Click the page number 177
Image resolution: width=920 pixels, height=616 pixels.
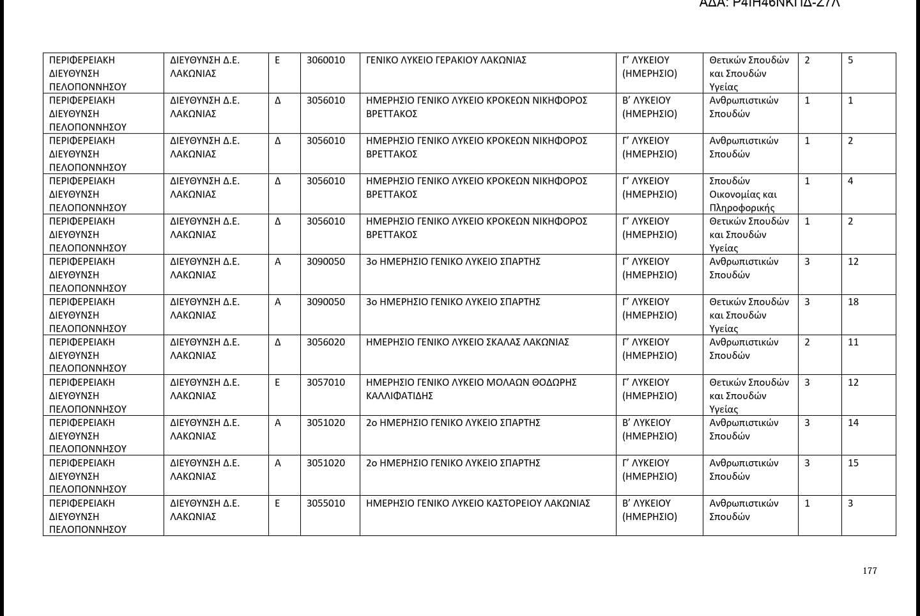pyautogui.click(x=870, y=571)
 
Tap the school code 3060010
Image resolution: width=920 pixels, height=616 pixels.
pyautogui.click(x=325, y=60)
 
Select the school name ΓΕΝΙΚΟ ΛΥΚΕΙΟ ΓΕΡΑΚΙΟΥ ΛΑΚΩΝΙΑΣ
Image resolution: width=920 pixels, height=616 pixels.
pyautogui.click(x=446, y=60)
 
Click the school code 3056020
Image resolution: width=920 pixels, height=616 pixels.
pyautogui.click(x=325, y=342)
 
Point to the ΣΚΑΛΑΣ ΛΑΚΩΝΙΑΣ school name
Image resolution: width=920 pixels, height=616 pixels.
pyautogui.click(x=467, y=342)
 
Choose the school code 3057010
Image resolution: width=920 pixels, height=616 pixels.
pyautogui.click(x=325, y=383)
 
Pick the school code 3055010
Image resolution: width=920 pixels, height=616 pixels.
pyautogui.click(x=325, y=503)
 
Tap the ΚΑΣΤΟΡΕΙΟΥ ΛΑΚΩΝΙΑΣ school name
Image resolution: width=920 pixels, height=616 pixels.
pyautogui.click(x=478, y=503)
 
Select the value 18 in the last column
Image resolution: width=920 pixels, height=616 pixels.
pyautogui.click(x=853, y=302)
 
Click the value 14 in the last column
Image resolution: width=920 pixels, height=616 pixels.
pyautogui.click(x=853, y=423)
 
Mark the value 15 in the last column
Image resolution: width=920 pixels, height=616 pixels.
pyautogui.click(x=853, y=463)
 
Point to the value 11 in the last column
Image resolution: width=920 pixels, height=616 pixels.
pyautogui.click(x=853, y=342)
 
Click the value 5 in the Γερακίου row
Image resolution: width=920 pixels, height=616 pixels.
pyautogui.click(x=850, y=60)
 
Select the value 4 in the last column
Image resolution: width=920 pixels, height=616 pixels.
pyautogui.click(x=850, y=181)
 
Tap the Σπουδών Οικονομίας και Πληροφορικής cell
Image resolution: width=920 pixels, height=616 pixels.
pyautogui.click(x=743, y=194)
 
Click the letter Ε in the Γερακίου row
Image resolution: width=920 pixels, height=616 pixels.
pyautogui.click(x=277, y=60)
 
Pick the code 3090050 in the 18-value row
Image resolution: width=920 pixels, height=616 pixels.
pyautogui.click(x=325, y=302)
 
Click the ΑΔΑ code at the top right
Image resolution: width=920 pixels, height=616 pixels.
pyautogui.click(x=769, y=3)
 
